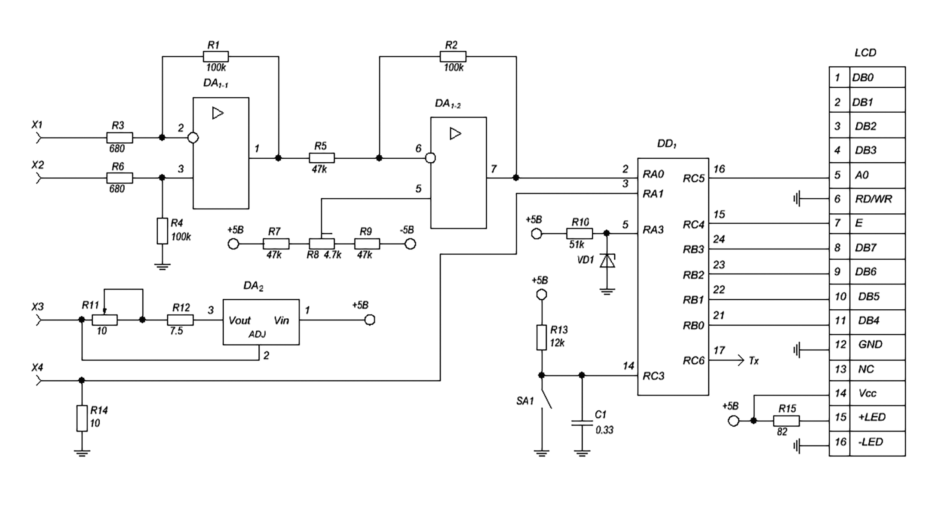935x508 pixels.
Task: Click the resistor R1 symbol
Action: pos(215,56)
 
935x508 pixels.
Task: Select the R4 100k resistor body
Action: pos(162,231)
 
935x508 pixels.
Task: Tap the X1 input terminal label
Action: pos(37,125)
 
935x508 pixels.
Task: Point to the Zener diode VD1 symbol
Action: pos(607,261)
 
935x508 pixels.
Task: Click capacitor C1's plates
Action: pos(582,422)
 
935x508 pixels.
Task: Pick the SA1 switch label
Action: pos(525,401)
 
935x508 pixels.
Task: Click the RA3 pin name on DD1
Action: pos(653,230)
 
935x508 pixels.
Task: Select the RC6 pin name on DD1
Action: pos(693,360)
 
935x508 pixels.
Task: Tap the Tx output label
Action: pos(754,361)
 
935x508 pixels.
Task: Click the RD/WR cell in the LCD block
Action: pos(874,199)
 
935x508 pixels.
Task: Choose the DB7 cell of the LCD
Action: pos(865,248)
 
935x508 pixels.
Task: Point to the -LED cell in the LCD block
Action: pos(870,442)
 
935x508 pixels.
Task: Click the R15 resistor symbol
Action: pos(786,421)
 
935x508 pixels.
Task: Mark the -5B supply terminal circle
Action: pos(411,244)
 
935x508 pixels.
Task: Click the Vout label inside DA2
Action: pos(239,320)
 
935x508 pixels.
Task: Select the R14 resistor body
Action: pos(82,418)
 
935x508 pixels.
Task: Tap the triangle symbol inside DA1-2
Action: pos(455,133)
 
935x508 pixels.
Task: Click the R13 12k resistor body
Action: pos(541,338)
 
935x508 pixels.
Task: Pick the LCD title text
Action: pos(865,53)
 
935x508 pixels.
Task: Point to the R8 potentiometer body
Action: pos(322,244)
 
